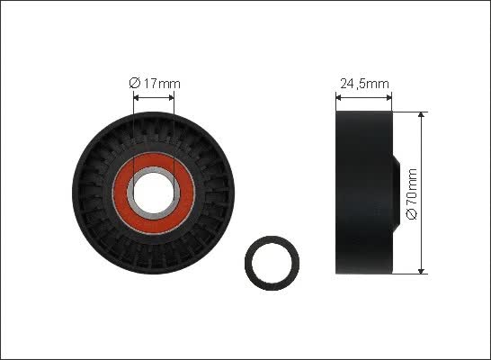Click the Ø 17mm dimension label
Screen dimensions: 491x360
(x=155, y=84)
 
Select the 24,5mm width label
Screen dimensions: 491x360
(x=364, y=84)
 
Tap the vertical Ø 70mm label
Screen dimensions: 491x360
(x=413, y=193)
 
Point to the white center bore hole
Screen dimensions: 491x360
(x=154, y=193)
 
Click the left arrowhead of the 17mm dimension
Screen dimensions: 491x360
(x=136, y=98)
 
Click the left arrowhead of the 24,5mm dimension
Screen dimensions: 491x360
(x=338, y=98)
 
